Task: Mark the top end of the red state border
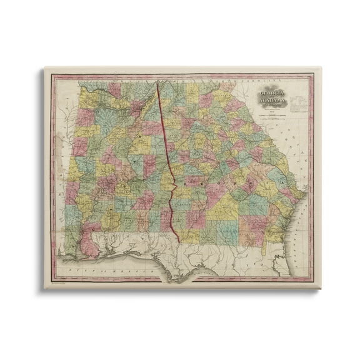click(x=157, y=82)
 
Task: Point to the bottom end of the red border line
click(x=180, y=243)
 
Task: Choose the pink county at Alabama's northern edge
click(x=116, y=89)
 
